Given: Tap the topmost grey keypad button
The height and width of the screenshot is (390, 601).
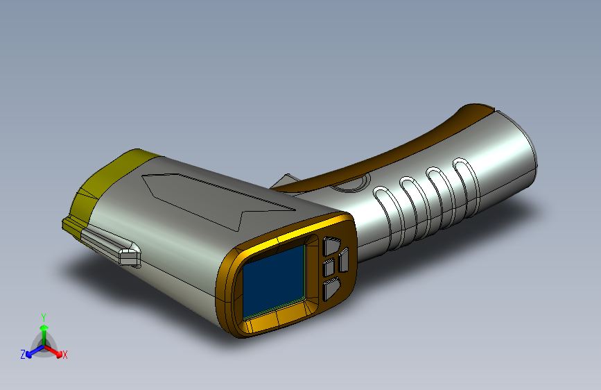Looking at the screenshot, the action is click(x=331, y=246).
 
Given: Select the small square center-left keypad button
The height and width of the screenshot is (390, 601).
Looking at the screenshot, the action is click(x=329, y=267).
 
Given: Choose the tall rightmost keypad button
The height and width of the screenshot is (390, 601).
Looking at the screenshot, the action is click(x=343, y=260).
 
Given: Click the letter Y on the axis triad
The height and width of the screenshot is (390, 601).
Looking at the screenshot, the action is click(x=44, y=318).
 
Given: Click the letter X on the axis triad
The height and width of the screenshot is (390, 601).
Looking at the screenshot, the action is click(x=64, y=355).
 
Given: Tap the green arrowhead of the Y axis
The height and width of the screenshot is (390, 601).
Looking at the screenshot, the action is click(x=44, y=328).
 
